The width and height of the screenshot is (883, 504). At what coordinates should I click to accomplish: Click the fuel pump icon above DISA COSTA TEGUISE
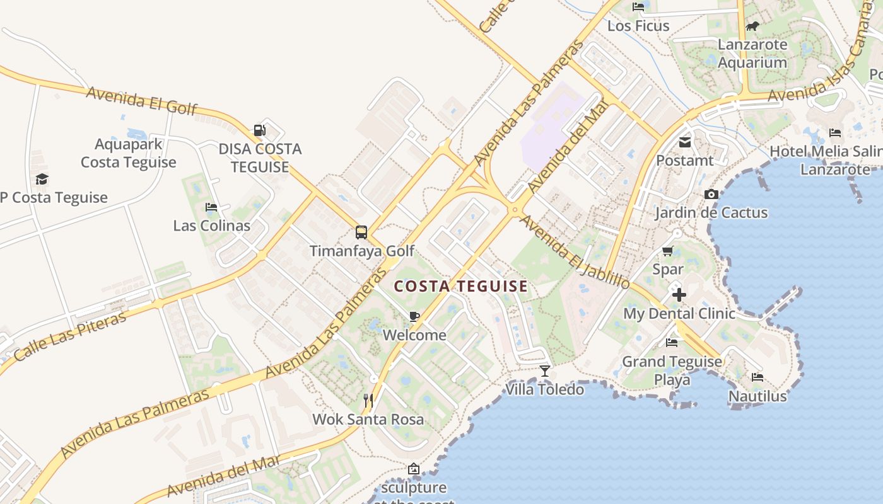point(259,130)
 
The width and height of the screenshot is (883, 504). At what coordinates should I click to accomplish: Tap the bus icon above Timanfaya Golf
point(361,232)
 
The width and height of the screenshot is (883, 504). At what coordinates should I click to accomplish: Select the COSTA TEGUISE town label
point(461,287)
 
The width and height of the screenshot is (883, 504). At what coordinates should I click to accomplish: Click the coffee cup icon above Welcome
point(414,316)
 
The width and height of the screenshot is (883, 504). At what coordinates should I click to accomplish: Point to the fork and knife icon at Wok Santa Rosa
point(368,400)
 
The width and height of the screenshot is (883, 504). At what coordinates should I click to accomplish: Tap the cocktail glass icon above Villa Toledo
point(545,371)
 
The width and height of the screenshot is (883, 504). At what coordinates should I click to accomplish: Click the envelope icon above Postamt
point(685,142)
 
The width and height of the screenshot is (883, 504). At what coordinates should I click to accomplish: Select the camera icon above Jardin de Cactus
point(711,194)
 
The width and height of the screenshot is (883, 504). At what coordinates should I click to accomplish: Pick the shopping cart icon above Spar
point(668,251)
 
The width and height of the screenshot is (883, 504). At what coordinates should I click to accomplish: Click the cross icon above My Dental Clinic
point(679,294)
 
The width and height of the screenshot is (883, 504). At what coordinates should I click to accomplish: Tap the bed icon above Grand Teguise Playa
point(672,343)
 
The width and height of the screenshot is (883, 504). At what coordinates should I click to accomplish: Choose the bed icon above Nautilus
point(757,377)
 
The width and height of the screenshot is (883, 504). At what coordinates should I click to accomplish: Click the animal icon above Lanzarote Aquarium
point(752,26)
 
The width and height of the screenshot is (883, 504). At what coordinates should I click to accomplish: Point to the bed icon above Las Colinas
point(211,207)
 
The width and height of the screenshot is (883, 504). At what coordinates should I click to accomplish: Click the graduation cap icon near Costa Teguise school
point(42,179)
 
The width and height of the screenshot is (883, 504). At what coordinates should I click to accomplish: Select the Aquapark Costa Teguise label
point(129,153)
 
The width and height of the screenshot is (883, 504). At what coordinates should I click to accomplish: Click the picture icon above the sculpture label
point(414,469)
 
